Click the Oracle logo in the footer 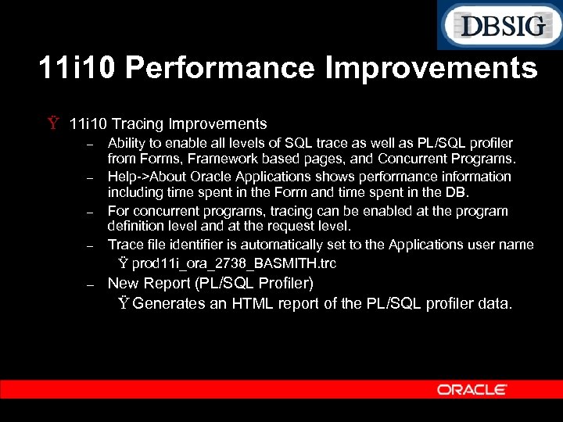(x=472, y=389)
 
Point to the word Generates (x=169, y=303)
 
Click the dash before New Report (x=90, y=284)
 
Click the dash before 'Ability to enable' (x=90, y=143)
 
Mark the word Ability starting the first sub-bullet (x=125, y=143)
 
